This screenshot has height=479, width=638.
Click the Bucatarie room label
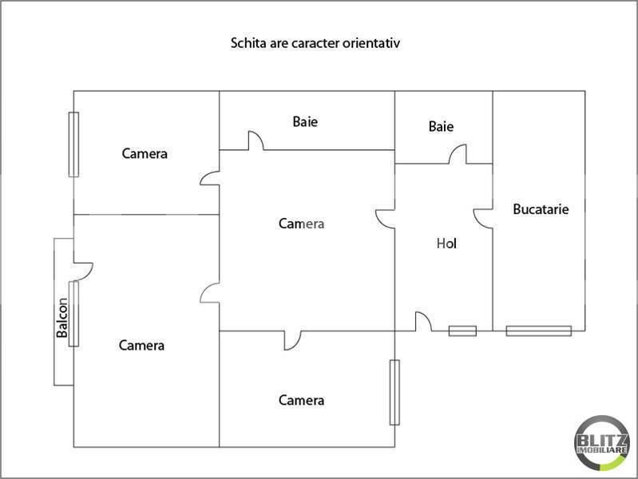(x=541, y=209)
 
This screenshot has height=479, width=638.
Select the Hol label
(x=446, y=243)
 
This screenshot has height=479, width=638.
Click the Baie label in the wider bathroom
(x=305, y=122)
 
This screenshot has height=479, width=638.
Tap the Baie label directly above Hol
(x=441, y=126)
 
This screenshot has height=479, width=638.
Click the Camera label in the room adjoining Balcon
(x=141, y=346)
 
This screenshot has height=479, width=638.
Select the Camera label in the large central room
(x=301, y=224)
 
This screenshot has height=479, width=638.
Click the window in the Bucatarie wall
(x=538, y=331)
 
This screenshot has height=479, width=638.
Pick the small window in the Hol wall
(x=462, y=331)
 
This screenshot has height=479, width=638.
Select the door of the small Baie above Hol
(x=458, y=155)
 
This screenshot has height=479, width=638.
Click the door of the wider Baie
(x=256, y=141)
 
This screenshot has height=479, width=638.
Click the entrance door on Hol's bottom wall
(x=423, y=321)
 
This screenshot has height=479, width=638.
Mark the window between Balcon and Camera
(x=73, y=313)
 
